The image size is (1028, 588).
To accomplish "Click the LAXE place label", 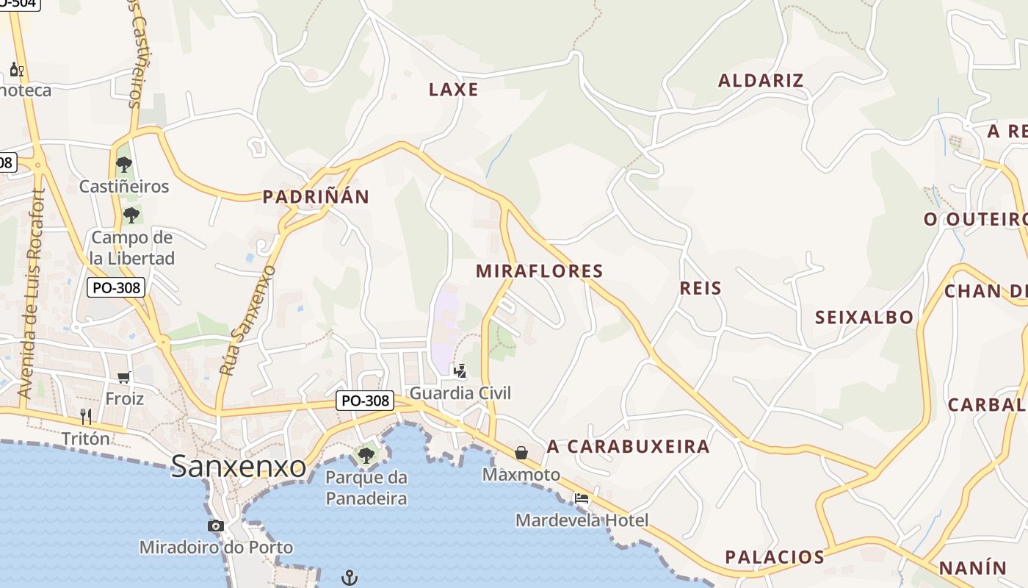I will pyautogui.click(x=453, y=90).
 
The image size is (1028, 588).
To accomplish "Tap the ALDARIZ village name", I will pyautogui.click(x=761, y=80).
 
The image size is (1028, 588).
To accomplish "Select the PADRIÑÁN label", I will pyautogui.click(x=316, y=196).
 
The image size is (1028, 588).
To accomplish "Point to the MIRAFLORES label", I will pyautogui.click(x=540, y=270).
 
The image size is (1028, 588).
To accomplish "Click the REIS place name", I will pyautogui.click(x=701, y=287).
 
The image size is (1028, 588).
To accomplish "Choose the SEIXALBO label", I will pyautogui.click(x=864, y=317).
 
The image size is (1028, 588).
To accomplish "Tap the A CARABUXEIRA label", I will pyautogui.click(x=628, y=446).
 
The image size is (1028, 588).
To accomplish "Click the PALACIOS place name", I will pyautogui.click(x=775, y=556).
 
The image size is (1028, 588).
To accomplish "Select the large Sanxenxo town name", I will pyautogui.click(x=239, y=466).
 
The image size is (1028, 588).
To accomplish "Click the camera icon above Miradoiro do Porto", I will pyautogui.click(x=216, y=526).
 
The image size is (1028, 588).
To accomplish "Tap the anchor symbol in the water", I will pyautogui.click(x=350, y=578).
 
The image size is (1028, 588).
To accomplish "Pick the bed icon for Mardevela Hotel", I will pyautogui.click(x=582, y=498).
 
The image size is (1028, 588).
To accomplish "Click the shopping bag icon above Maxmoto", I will pyautogui.click(x=521, y=453).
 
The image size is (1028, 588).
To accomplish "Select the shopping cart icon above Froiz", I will pyautogui.click(x=124, y=377).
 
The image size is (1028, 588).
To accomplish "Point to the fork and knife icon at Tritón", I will pyautogui.click(x=86, y=417).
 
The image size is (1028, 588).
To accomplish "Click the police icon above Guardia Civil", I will pyautogui.click(x=460, y=371).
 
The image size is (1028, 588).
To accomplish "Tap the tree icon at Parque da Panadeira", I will pyautogui.click(x=366, y=456).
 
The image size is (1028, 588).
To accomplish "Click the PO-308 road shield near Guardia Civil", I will pyautogui.click(x=365, y=401).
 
